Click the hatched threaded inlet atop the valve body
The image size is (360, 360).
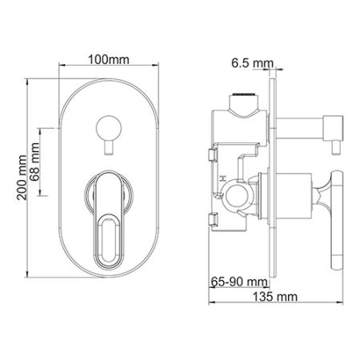[x=245, y=102]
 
